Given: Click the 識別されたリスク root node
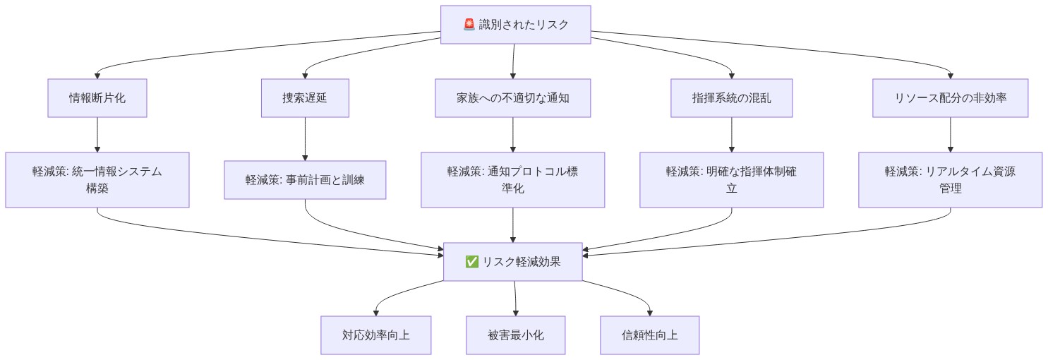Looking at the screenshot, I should coord(515,25).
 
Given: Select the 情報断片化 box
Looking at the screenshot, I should coord(97,97).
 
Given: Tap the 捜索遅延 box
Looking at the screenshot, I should coord(305,97).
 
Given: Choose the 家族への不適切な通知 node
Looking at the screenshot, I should coord(512,97).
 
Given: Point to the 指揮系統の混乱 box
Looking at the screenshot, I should coord(731,97).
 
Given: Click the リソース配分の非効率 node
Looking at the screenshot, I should coord(950,97).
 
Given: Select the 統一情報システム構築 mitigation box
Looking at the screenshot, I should coord(97,180).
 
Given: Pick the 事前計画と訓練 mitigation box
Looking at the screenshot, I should coord(305,180).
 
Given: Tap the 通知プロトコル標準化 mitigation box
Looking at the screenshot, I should coord(512,180).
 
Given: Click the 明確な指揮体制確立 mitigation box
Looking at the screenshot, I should coord(731,180).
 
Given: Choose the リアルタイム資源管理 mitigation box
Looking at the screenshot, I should coord(950,180).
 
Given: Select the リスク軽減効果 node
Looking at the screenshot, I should coord(513,261).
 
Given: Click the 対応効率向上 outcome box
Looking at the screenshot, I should coord(375,335).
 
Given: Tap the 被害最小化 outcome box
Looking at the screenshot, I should coord(515,335).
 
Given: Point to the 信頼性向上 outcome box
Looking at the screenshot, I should coord(649,335).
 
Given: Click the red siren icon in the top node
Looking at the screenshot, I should coord(469,25).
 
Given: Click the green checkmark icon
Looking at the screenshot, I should coord(472,262).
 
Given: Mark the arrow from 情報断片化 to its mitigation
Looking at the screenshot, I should coord(97,134).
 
